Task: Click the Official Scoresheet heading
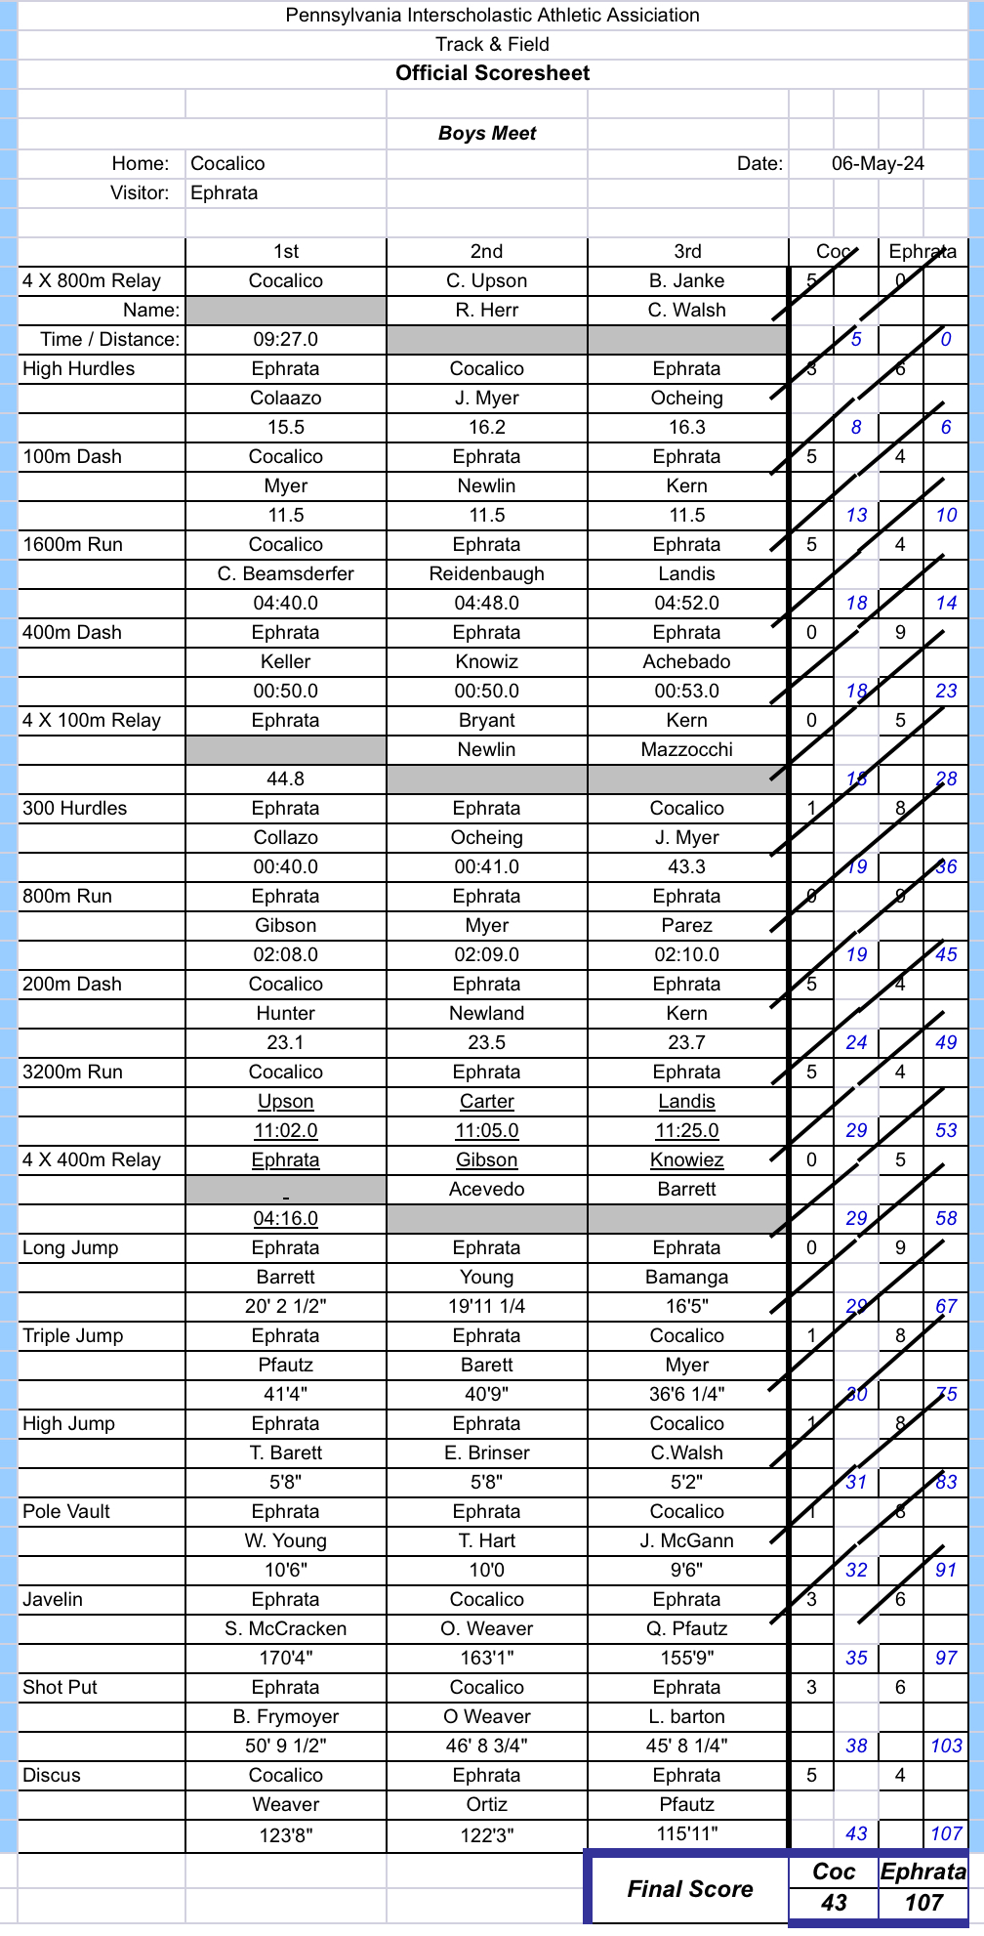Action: pyautogui.click(x=492, y=73)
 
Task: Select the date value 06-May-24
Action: pyautogui.click(x=877, y=163)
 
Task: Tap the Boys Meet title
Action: pyautogui.click(x=487, y=134)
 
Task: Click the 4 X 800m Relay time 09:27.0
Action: pyautogui.click(x=285, y=339)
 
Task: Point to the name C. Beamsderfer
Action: pyautogui.click(x=285, y=573)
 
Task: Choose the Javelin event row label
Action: pyautogui.click(x=53, y=1599)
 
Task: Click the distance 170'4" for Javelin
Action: pyautogui.click(x=285, y=1658)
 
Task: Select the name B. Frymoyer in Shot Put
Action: pyautogui.click(x=285, y=1716)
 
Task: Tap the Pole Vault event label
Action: pyautogui.click(x=66, y=1511)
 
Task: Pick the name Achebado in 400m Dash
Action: pyautogui.click(x=686, y=661)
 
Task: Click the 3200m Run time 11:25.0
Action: pyautogui.click(x=686, y=1130)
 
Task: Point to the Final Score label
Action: pyautogui.click(x=689, y=1889)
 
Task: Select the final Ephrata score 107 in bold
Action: pyautogui.click(x=922, y=1903)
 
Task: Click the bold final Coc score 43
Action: pyautogui.click(x=834, y=1903)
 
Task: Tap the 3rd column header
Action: pyautogui.click(x=687, y=251)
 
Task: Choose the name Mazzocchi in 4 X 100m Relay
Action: pyautogui.click(x=686, y=749)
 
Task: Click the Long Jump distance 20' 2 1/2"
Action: pyautogui.click(x=285, y=1306)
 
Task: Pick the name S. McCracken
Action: pyautogui.click(x=285, y=1628)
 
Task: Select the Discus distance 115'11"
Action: pyautogui.click(x=686, y=1833)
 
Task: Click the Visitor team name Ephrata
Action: pyautogui.click(x=224, y=192)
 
